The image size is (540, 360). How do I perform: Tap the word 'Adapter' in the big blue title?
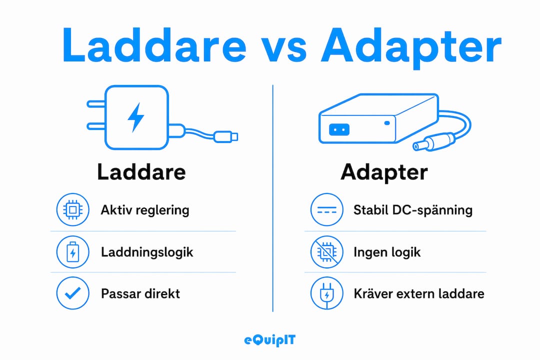(411, 47)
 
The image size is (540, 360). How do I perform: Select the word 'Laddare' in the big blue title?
(154, 45)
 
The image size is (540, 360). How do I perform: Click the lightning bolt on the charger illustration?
(136, 117)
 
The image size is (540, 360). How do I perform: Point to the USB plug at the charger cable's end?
(226, 137)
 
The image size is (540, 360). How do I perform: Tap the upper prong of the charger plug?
(95, 103)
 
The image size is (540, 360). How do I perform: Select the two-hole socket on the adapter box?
(339, 129)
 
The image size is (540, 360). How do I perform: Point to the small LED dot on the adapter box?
(387, 123)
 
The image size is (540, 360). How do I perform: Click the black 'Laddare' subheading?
(141, 172)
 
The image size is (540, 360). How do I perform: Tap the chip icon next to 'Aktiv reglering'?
(72, 209)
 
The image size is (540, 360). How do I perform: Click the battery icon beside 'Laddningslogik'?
(72, 252)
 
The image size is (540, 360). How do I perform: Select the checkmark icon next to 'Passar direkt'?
(72, 293)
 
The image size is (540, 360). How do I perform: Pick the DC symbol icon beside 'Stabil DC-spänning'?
(326, 209)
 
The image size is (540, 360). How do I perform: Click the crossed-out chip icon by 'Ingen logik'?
(326, 252)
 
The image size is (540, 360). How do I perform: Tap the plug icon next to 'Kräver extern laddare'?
(326, 293)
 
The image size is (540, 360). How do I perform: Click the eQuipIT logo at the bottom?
(269, 340)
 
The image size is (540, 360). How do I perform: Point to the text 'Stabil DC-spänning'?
(413, 210)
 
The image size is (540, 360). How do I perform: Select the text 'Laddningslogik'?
(147, 252)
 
